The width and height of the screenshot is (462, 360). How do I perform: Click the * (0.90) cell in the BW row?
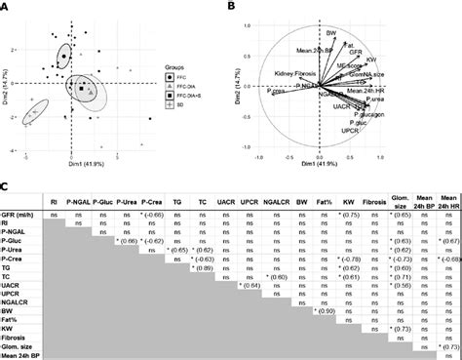pos(343,288)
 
